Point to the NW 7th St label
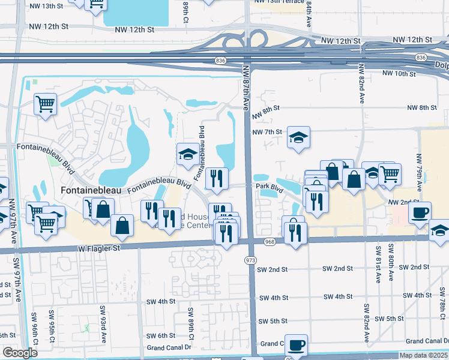(267, 132)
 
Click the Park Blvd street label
(269, 187)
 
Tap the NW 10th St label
(399, 74)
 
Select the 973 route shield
(251, 260)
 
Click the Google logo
(20, 353)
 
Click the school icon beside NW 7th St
(298, 138)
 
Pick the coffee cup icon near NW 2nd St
(420, 212)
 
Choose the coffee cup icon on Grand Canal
(296, 345)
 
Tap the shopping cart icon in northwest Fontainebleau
(45, 104)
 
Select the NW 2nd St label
(402, 203)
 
